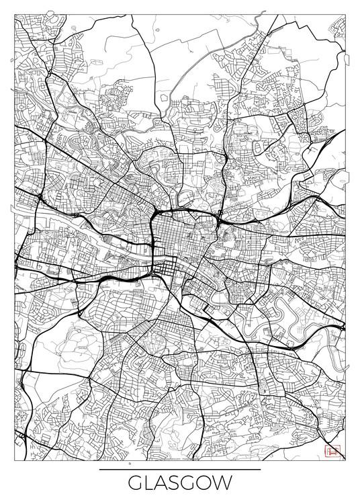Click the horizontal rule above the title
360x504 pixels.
179,469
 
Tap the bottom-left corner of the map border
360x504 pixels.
14,460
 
